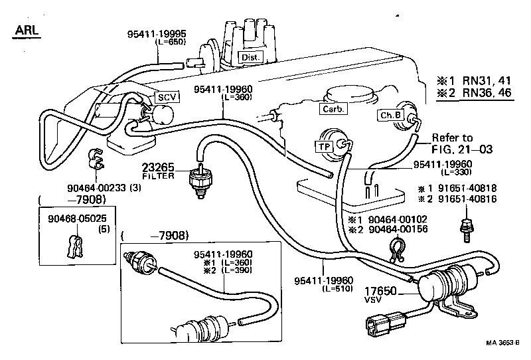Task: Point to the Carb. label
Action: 332,110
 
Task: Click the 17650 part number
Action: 382,290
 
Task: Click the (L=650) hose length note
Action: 171,41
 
